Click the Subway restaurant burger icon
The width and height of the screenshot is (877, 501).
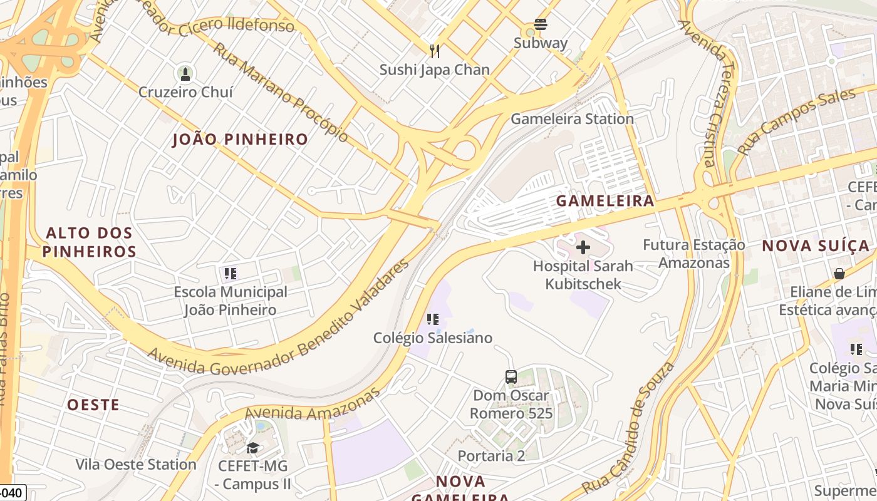(x=541, y=24)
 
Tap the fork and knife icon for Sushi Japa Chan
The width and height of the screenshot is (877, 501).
(x=434, y=51)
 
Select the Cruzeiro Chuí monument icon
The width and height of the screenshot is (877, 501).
(x=185, y=74)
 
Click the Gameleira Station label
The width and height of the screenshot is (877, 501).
(x=572, y=119)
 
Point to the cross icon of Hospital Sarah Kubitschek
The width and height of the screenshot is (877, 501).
(x=583, y=247)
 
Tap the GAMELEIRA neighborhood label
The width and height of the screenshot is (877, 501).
(x=605, y=201)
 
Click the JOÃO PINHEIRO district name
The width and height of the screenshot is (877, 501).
(x=241, y=140)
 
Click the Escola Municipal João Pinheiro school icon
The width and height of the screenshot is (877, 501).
(x=230, y=273)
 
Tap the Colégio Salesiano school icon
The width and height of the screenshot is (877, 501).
(x=432, y=319)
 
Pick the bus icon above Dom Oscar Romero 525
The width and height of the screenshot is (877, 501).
(x=511, y=377)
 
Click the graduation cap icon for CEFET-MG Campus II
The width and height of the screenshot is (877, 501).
(x=252, y=448)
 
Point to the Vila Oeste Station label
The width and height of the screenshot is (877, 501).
(x=136, y=465)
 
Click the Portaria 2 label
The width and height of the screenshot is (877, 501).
(x=491, y=456)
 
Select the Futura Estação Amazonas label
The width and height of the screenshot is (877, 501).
(x=694, y=254)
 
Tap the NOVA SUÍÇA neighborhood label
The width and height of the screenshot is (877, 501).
(x=816, y=246)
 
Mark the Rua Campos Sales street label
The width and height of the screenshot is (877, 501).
(x=796, y=121)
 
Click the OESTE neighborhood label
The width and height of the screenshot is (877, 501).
(x=93, y=405)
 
